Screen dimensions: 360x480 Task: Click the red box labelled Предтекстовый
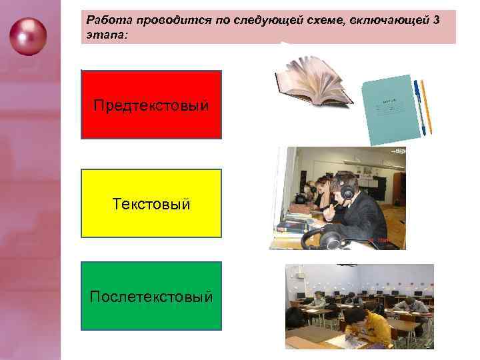(151, 105)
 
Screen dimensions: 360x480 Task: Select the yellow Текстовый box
(151, 203)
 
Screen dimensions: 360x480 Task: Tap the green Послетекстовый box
(151, 296)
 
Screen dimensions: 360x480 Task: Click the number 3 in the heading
(435, 20)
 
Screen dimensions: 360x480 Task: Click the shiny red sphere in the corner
(29, 36)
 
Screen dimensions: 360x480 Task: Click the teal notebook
(391, 107)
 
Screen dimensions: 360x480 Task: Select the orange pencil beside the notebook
(426, 107)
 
